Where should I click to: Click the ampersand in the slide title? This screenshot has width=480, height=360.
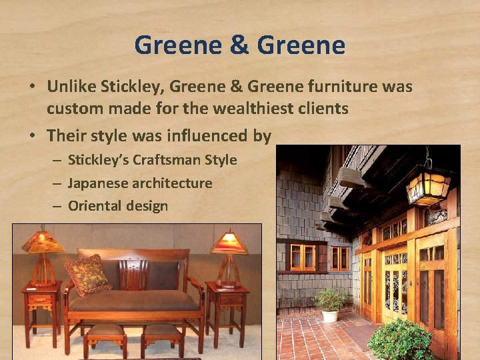tap(239, 46)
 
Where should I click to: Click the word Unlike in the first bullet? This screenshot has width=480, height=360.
tap(73, 87)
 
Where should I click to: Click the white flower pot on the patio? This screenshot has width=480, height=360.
tap(330, 315)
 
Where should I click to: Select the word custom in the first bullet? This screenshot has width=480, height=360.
tap(73, 108)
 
